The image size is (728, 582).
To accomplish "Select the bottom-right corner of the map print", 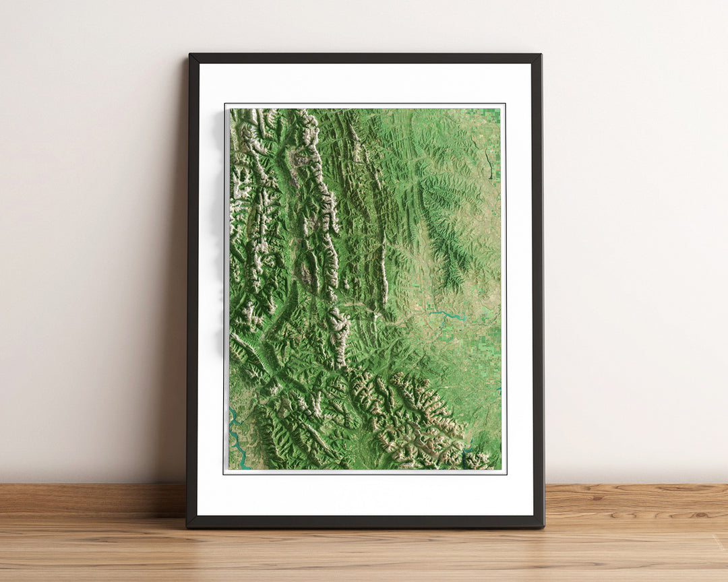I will pyautogui.click(x=501, y=469).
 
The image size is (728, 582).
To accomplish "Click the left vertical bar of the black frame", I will pyautogui.click(x=192, y=290).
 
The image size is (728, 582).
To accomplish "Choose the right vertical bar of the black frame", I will pyautogui.click(x=537, y=290).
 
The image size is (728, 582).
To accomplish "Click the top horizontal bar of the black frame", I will pyautogui.click(x=364, y=58).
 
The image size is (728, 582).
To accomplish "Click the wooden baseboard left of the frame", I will pyautogui.click(x=94, y=498).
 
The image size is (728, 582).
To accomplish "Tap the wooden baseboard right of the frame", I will pyautogui.click(x=634, y=498).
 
